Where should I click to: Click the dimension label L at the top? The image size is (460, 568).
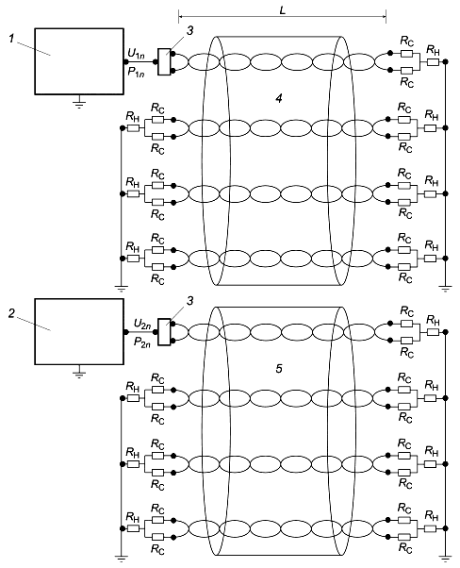pos(283,10)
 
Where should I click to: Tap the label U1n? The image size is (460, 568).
pos(136,54)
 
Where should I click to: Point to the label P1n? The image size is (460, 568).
pos(136,72)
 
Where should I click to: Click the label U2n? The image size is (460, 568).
pos(142,324)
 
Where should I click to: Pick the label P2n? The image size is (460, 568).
pos(142,342)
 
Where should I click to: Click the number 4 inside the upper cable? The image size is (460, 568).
pos(279,98)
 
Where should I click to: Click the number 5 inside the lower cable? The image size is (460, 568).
pos(279,368)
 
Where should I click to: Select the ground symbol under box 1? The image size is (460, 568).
pos(79,103)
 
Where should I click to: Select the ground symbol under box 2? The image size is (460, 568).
pos(79,373)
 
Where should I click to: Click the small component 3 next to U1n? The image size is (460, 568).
pos(164,62)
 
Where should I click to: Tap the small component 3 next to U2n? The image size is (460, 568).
pos(164,332)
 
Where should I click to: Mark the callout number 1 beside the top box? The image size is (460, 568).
pos(12,38)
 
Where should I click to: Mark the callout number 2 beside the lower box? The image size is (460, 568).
pos(12,313)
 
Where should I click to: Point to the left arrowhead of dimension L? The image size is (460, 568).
pos(179,16)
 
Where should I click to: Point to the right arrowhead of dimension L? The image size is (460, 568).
pos(386,16)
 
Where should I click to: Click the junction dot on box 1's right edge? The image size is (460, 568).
pos(126,62)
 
